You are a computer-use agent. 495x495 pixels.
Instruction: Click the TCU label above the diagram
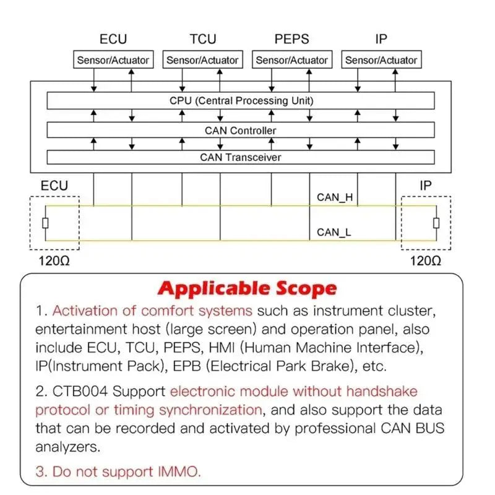coord(203,39)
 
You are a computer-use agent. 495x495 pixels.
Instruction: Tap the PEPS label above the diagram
coord(291,39)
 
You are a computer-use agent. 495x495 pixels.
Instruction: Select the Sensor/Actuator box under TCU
coord(203,59)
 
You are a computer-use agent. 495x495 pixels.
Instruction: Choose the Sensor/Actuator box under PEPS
coord(292,59)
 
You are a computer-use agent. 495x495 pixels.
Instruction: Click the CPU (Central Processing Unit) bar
coord(241,101)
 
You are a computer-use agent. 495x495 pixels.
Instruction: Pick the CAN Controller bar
coord(241,130)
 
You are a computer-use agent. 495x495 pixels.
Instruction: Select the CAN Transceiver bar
coord(241,157)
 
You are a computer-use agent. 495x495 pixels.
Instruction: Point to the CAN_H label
coord(335,197)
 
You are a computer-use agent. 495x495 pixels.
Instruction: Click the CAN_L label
coord(334,233)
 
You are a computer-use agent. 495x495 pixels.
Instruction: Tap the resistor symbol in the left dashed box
coord(45,223)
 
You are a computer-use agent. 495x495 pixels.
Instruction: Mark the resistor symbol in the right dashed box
coord(436,223)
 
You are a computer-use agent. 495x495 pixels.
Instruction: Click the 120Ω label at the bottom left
coord(54,261)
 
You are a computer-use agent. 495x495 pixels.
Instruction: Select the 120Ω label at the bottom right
coord(426,261)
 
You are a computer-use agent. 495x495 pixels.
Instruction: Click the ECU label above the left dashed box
coord(54,186)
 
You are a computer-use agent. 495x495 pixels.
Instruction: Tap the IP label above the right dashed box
coord(426,186)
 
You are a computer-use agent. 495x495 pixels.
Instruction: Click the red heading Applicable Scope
coord(247,288)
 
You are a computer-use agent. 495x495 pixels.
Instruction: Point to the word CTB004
coord(80,392)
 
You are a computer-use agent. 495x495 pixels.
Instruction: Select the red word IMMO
coord(179,471)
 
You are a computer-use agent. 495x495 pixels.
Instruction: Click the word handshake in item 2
coord(382,392)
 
